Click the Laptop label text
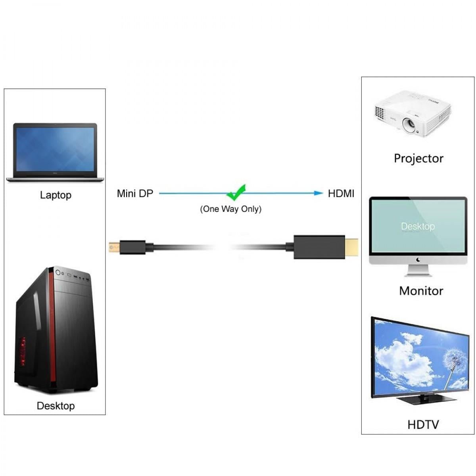[x=56, y=195]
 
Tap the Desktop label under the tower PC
[x=56, y=406]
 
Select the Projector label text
[x=418, y=158]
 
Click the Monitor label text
[x=421, y=291]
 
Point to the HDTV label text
[x=423, y=425]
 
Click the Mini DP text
[x=135, y=194]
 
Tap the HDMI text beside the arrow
[x=341, y=194]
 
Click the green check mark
[x=236, y=192]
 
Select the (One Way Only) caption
[x=230, y=209]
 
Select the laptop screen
[x=55, y=147]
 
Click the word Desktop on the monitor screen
[x=418, y=226]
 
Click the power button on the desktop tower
[x=58, y=273]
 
